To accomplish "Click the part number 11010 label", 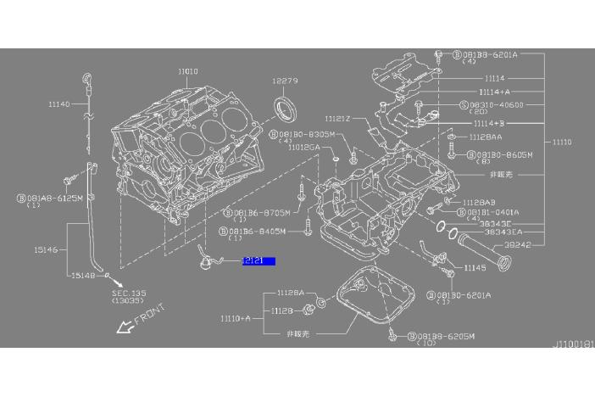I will (x=188, y=72).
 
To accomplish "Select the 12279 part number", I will (x=285, y=81).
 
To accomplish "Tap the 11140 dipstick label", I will (x=59, y=104).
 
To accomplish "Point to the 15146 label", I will (x=47, y=251).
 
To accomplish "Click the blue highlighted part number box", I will (x=259, y=261).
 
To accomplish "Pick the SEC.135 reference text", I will (x=129, y=293).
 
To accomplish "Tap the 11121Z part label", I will (x=338, y=119).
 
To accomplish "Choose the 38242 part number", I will (x=517, y=244).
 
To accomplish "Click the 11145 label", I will (x=475, y=267).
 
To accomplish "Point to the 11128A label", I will (x=290, y=293).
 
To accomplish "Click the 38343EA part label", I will (x=503, y=231).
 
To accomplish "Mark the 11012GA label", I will (x=303, y=147).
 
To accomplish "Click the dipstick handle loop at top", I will (x=87, y=80).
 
